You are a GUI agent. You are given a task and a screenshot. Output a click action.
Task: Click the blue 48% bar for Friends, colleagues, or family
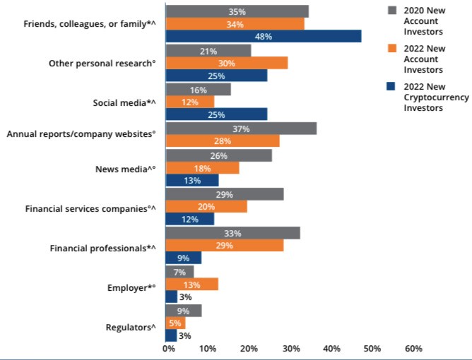263,37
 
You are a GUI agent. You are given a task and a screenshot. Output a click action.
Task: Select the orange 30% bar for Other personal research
226,63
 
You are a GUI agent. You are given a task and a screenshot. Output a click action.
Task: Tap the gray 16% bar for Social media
198,90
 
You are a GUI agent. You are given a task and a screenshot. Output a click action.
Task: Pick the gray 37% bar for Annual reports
241,128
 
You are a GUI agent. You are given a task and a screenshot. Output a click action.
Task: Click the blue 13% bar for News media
191,181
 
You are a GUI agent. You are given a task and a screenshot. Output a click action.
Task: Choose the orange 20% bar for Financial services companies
206,206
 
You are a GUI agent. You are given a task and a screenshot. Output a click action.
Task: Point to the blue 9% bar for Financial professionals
183,258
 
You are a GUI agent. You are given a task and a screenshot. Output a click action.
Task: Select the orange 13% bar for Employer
191,284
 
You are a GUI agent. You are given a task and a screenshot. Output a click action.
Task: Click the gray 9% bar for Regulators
183,311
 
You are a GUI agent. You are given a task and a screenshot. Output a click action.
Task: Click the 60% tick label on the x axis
413,348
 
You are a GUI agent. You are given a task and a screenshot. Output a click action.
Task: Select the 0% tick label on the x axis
168,348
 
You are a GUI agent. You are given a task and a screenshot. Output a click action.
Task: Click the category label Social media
124,102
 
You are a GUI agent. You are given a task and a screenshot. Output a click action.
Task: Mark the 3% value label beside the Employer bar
185,297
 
